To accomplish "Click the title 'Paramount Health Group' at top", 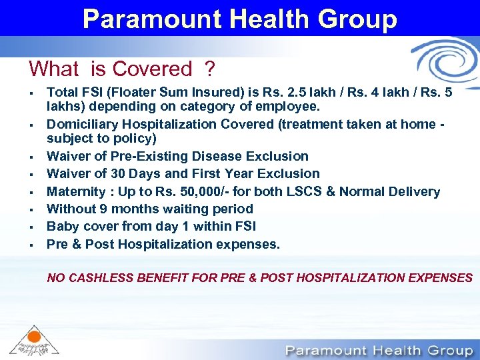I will pyautogui.click(x=240, y=18).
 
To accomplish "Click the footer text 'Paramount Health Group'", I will pyautogui.click(x=378, y=350).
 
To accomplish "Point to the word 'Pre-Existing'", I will pyautogui.click(x=150, y=157).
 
